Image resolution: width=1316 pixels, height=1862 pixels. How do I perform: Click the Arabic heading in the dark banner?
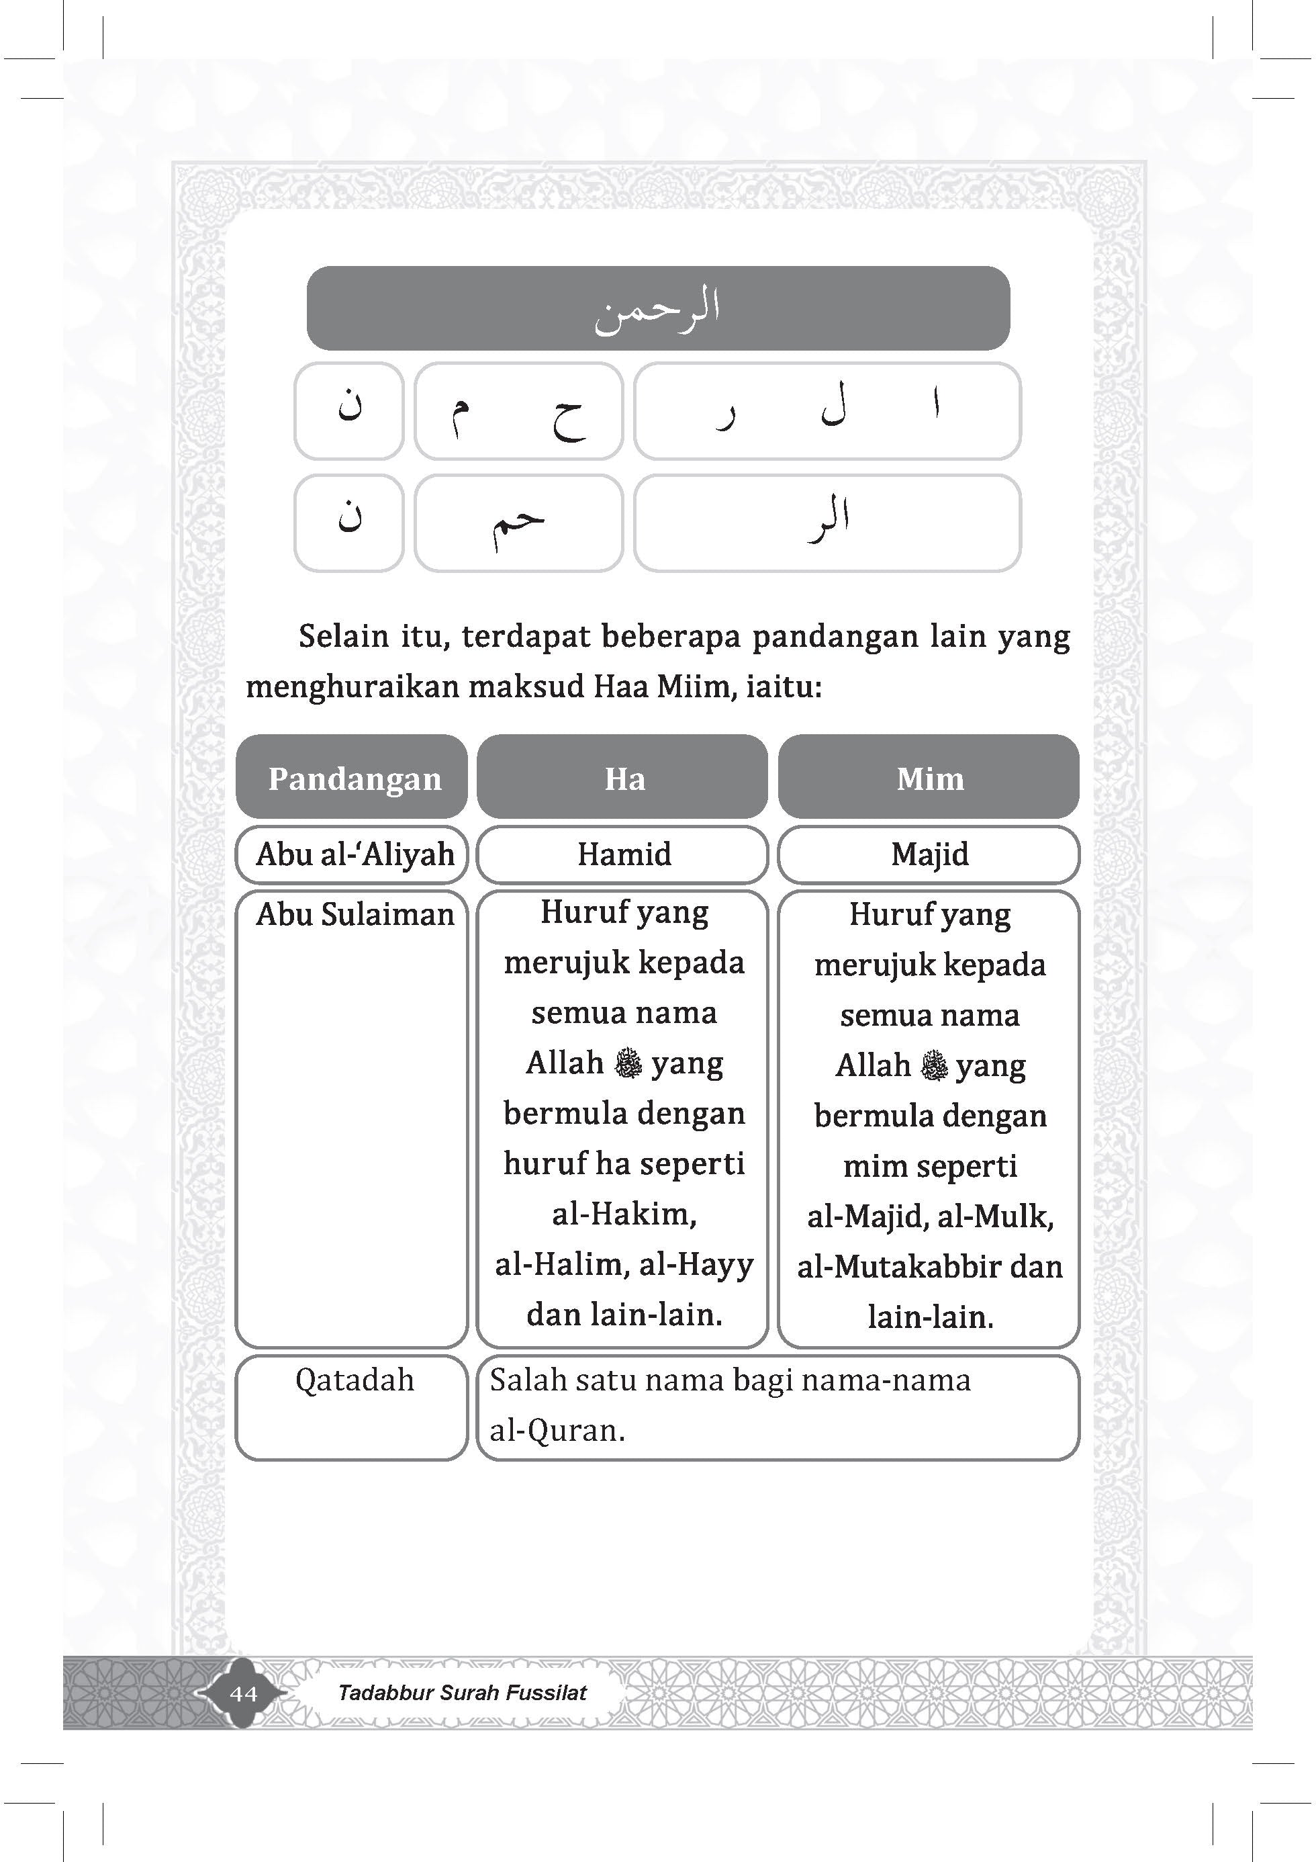coord(657,308)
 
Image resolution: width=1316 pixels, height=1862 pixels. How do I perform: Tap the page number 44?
coord(243,1693)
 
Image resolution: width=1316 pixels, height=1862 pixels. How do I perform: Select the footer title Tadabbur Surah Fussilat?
coord(462,1693)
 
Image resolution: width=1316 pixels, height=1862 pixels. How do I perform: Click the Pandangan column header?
coord(355,779)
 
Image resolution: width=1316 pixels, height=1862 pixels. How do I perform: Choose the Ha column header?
coord(624,779)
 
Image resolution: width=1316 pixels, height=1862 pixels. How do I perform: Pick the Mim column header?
coord(930,779)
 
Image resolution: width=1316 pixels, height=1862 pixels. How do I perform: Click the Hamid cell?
coord(624,854)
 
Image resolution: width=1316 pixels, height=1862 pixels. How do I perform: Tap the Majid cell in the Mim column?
coord(930,854)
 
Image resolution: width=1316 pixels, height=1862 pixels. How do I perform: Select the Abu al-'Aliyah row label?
coord(355,854)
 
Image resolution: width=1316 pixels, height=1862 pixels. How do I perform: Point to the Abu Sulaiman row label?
coord(355,914)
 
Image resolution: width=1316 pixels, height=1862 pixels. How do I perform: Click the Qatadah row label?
coord(355,1380)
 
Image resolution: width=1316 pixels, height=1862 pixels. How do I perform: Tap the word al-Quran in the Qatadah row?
coord(557,1429)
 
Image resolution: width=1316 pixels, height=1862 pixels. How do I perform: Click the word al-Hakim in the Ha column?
coord(624,1213)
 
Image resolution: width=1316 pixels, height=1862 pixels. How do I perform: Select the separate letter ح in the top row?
coord(567,418)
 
